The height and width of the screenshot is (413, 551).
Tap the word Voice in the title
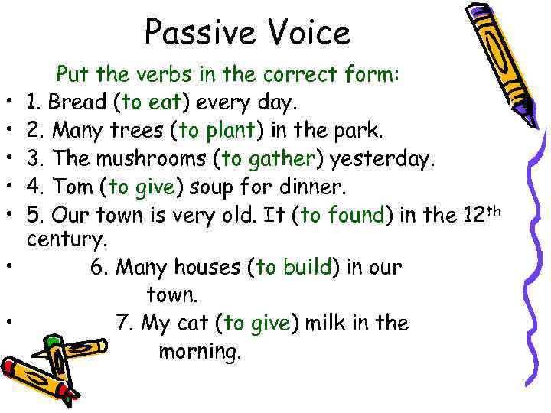[305, 33]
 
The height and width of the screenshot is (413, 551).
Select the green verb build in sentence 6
[306, 267]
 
